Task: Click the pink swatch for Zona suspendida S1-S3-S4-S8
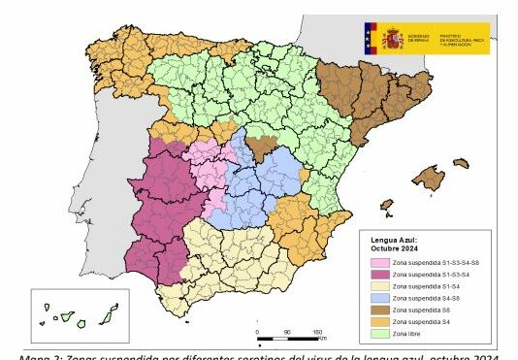pos(377,262)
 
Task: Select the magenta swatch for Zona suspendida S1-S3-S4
pos(377,276)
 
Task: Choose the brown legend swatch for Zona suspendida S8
pos(377,311)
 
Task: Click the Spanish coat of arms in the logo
pos(392,38)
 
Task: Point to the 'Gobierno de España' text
pos(420,38)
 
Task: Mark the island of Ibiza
pos(387,206)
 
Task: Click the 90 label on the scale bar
pos(288,333)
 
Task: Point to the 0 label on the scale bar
pos(258,333)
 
